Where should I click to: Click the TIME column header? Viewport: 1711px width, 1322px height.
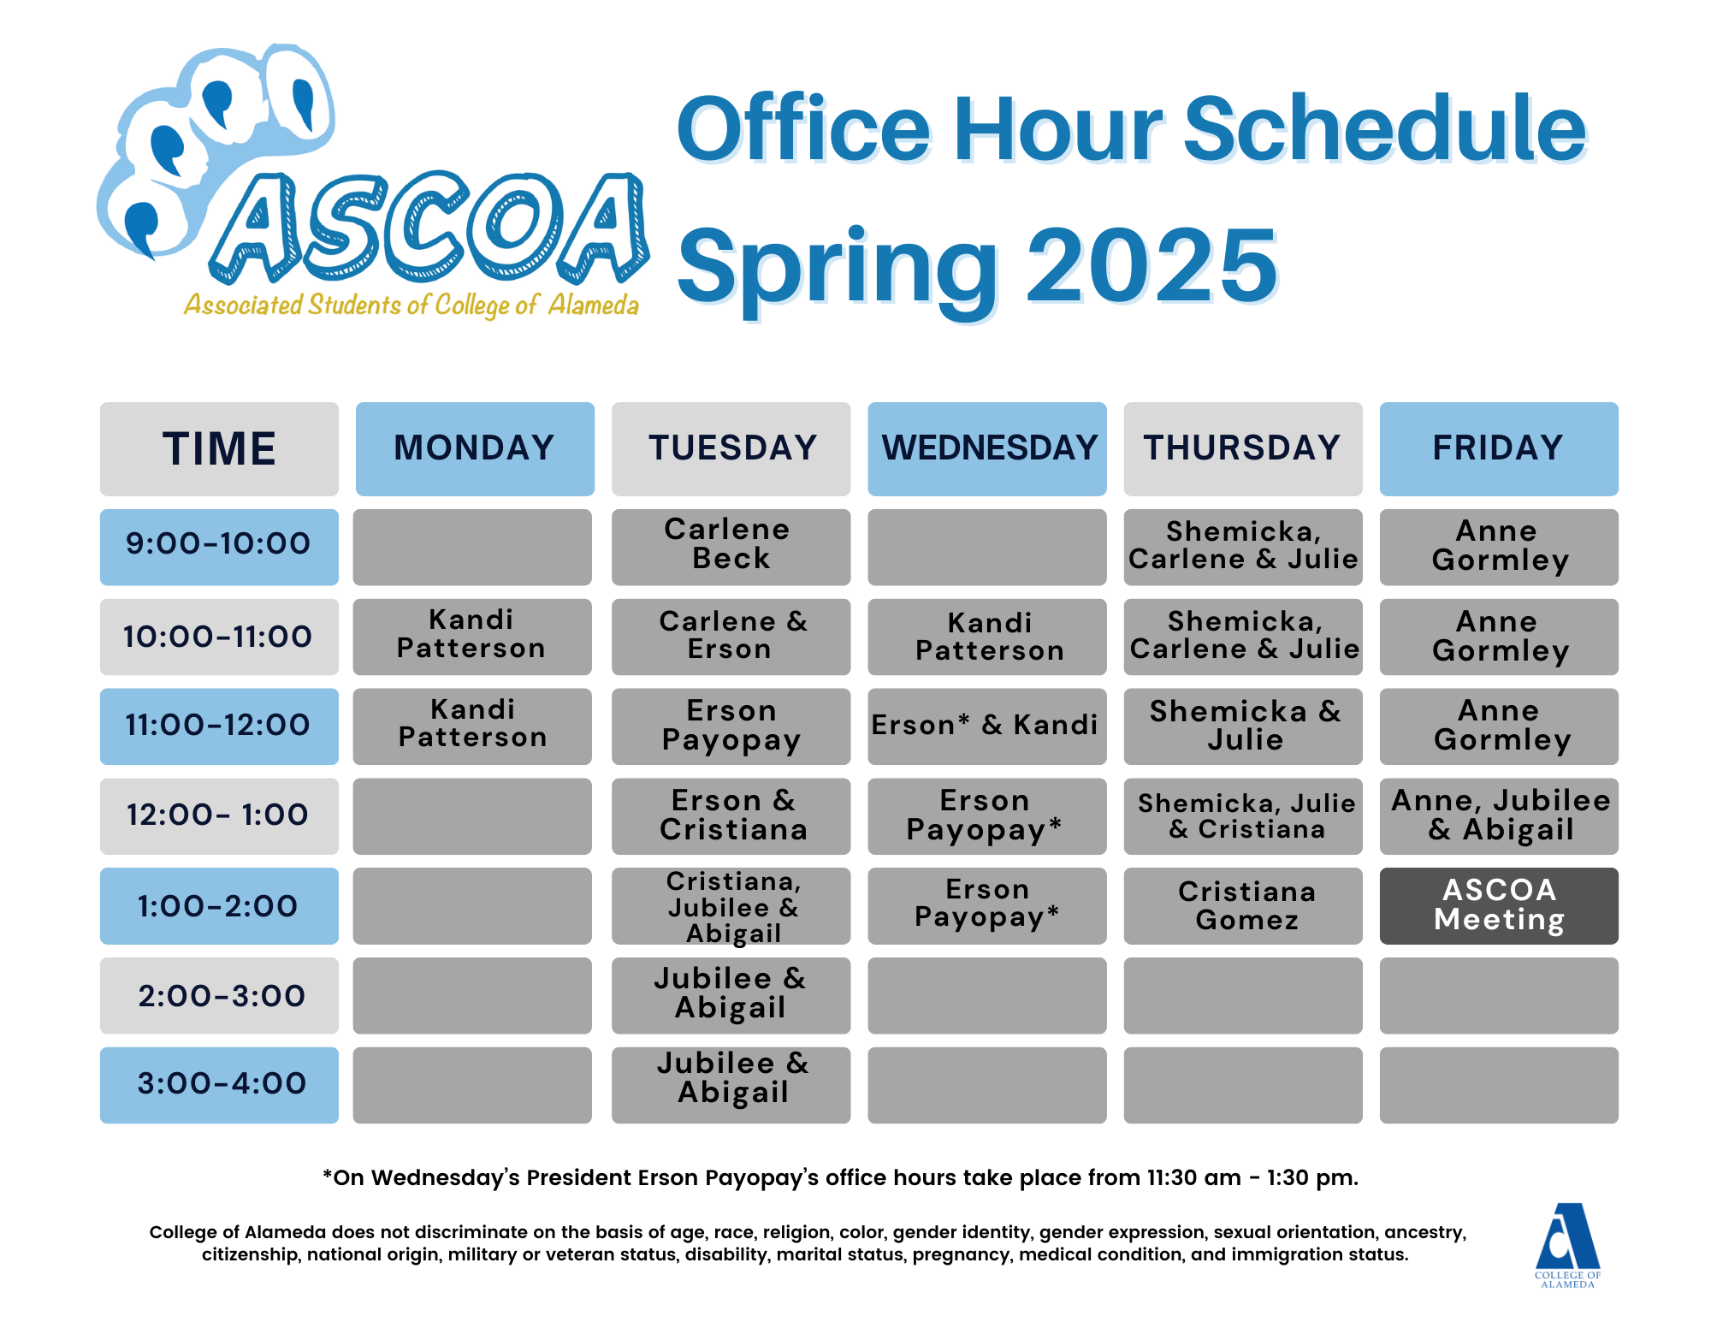coord(219,449)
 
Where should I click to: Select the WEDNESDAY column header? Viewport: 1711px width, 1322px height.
coord(987,449)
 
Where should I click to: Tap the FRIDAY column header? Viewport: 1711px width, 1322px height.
coord(1499,449)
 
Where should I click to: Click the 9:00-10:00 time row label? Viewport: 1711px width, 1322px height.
coord(219,547)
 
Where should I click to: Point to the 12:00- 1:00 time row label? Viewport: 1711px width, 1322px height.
coord(219,815)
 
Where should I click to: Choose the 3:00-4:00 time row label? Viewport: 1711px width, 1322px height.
coord(219,1085)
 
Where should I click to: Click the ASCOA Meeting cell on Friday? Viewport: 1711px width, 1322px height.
coord(1499,905)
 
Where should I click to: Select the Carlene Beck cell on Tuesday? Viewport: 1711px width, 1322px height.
coord(731,547)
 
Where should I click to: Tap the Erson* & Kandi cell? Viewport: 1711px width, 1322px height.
coord(987,726)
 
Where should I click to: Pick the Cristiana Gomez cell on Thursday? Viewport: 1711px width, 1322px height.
coord(1243,905)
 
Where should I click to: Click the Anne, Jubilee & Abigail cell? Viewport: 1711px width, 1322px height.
coord(1499,815)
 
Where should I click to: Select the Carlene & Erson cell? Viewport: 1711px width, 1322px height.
coord(731,637)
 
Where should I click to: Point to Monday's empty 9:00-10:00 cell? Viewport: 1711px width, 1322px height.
coord(472,547)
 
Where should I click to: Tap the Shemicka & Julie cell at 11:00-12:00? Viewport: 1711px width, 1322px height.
coord(1243,726)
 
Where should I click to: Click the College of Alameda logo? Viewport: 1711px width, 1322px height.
coord(1567,1245)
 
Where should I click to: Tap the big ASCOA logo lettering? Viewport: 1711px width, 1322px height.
coord(428,228)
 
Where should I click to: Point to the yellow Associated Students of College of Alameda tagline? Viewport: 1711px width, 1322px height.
coord(411,305)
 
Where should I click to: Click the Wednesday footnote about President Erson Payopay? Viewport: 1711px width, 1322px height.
coord(840,1178)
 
